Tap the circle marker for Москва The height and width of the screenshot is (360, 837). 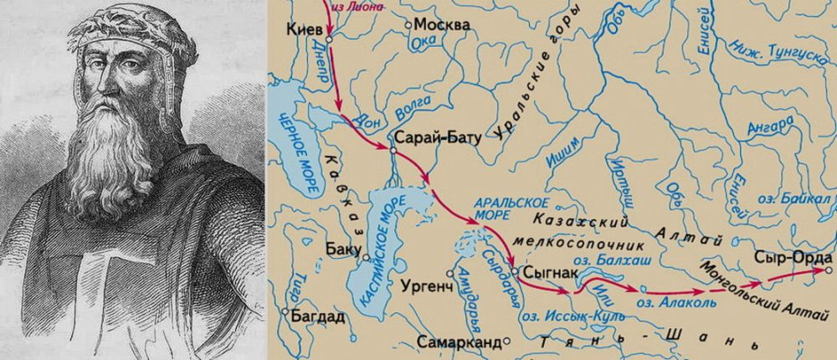408,25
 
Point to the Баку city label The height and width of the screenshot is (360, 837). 341,249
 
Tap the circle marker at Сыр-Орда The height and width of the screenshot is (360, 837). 828,270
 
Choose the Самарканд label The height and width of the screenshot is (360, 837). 462,342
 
